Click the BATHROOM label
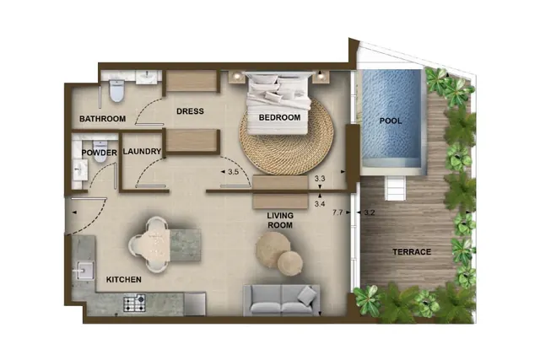[102, 119]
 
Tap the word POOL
[391, 121]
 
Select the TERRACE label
[412, 252]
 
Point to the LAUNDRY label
[142, 152]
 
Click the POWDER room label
[100, 153]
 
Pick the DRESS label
[190, 111]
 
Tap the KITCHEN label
[124, 279]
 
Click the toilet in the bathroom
[116, 91]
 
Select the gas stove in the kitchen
[134, 304]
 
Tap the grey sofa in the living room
[281, 300]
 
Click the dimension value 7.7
[337, 212]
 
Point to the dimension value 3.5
[233, 172]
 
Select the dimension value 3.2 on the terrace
[369, 212]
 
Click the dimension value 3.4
[320, 204]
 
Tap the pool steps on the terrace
[396, 188]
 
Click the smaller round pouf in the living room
[290, 263]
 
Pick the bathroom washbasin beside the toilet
[148, 77]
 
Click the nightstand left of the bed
[236, 76]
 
